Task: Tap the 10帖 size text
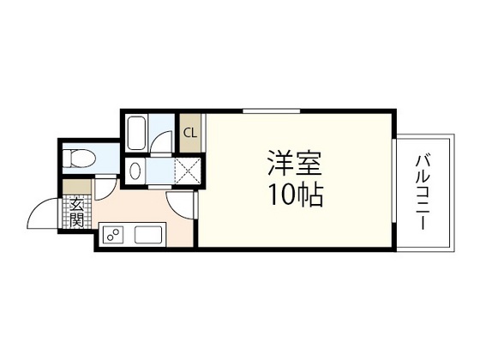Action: pos(294,196)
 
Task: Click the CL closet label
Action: pos(190,132)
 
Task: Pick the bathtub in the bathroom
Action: pos(137,133)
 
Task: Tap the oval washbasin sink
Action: pos(134,171)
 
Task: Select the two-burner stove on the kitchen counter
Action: pos(113,233)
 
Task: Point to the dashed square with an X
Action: pos(187,171)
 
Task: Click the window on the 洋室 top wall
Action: pos(270,111)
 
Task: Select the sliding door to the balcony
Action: pos(395,193)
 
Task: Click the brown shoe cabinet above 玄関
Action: pos(75,184)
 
